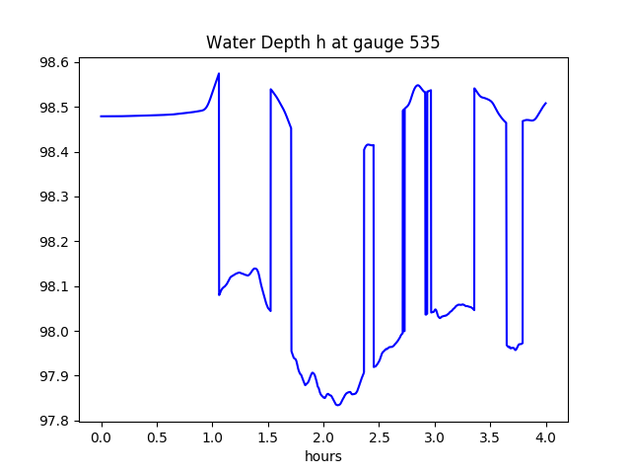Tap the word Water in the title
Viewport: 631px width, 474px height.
[227, 43]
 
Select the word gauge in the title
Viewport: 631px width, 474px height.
[380, 43]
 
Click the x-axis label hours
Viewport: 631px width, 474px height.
[323, 457]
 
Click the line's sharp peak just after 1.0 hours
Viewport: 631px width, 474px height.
[219, 73]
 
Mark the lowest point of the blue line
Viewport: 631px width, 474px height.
[337, 405]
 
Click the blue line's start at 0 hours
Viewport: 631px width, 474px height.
[102, 117]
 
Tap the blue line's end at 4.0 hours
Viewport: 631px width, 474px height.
[546, 103]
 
